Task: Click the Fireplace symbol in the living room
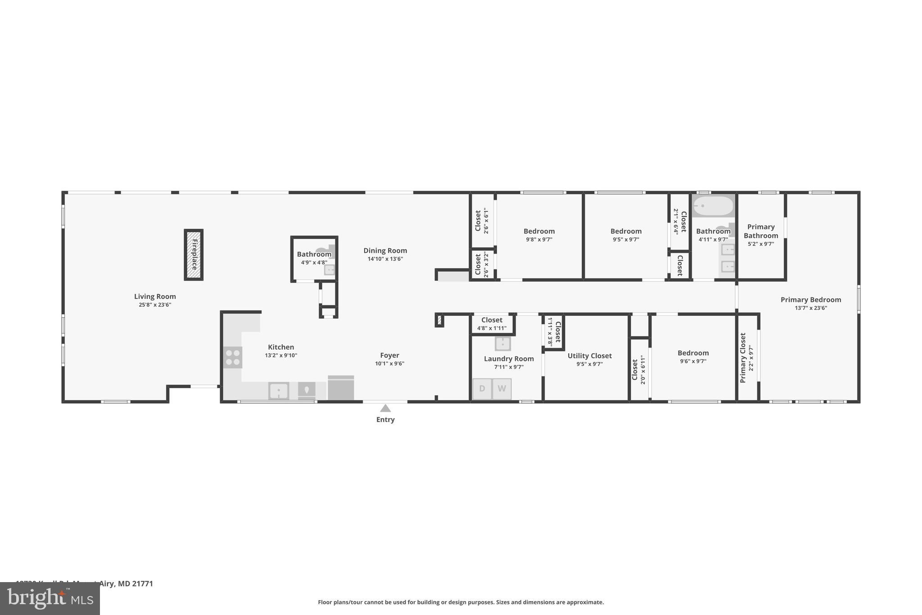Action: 194,255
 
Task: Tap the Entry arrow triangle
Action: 385,408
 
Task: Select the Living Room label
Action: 155,296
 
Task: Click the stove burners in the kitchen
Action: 233,357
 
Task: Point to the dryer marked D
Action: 482,388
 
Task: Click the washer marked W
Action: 502,388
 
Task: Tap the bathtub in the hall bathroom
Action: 713,206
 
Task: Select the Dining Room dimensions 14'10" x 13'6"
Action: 385,259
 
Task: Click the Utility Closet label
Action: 589,356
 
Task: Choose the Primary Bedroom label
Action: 810,300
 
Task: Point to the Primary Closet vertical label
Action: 743,358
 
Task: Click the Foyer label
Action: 389,355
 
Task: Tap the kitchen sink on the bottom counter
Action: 279,391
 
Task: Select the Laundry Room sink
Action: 502,344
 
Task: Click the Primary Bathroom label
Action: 761,231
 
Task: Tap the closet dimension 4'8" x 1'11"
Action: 492,328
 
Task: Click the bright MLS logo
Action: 50,598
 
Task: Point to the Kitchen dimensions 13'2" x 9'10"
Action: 281,355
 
